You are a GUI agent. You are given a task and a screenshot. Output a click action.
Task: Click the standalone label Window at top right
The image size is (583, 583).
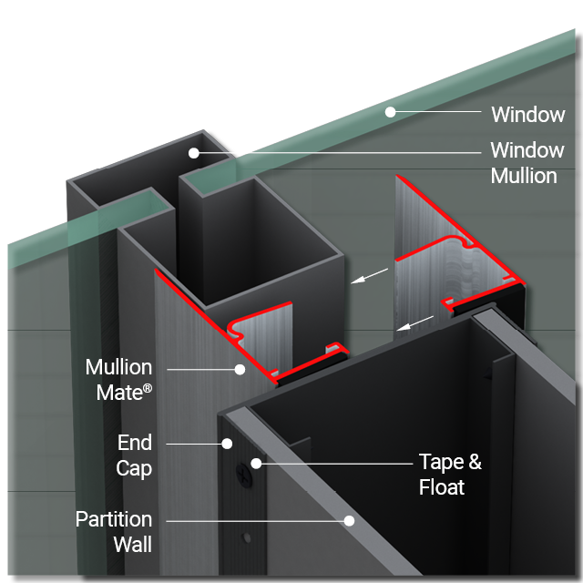coord(527,115)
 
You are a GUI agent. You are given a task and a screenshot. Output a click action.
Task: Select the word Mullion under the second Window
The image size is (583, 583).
coord(524,176)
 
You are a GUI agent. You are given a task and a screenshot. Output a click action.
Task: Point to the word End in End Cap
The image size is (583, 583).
coord(135,444)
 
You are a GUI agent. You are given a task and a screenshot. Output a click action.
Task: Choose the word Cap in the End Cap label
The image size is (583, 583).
coord(135,469)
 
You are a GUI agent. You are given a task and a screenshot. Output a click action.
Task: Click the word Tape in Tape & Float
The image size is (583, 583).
coord(441,462)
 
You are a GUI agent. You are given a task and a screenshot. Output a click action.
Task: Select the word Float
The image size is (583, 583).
coord(442,487)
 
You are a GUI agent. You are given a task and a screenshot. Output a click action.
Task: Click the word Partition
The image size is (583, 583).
coord(114,519)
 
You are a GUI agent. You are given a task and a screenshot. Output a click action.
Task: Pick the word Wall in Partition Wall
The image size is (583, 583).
coord(132,545)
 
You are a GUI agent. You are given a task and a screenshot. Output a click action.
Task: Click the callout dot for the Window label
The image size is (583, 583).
coord(390,112)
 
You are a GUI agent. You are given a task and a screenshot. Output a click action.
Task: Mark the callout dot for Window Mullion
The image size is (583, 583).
coord(194,152)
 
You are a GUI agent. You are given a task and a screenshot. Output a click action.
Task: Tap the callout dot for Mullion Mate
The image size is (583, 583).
coord(240,369)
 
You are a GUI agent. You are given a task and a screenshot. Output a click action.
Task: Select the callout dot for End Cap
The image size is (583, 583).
coord(227,444)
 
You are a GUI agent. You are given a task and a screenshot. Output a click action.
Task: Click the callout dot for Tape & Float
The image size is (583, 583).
coord(258,464)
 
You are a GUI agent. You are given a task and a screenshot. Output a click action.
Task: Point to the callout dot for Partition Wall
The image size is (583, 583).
coord(348,520)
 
